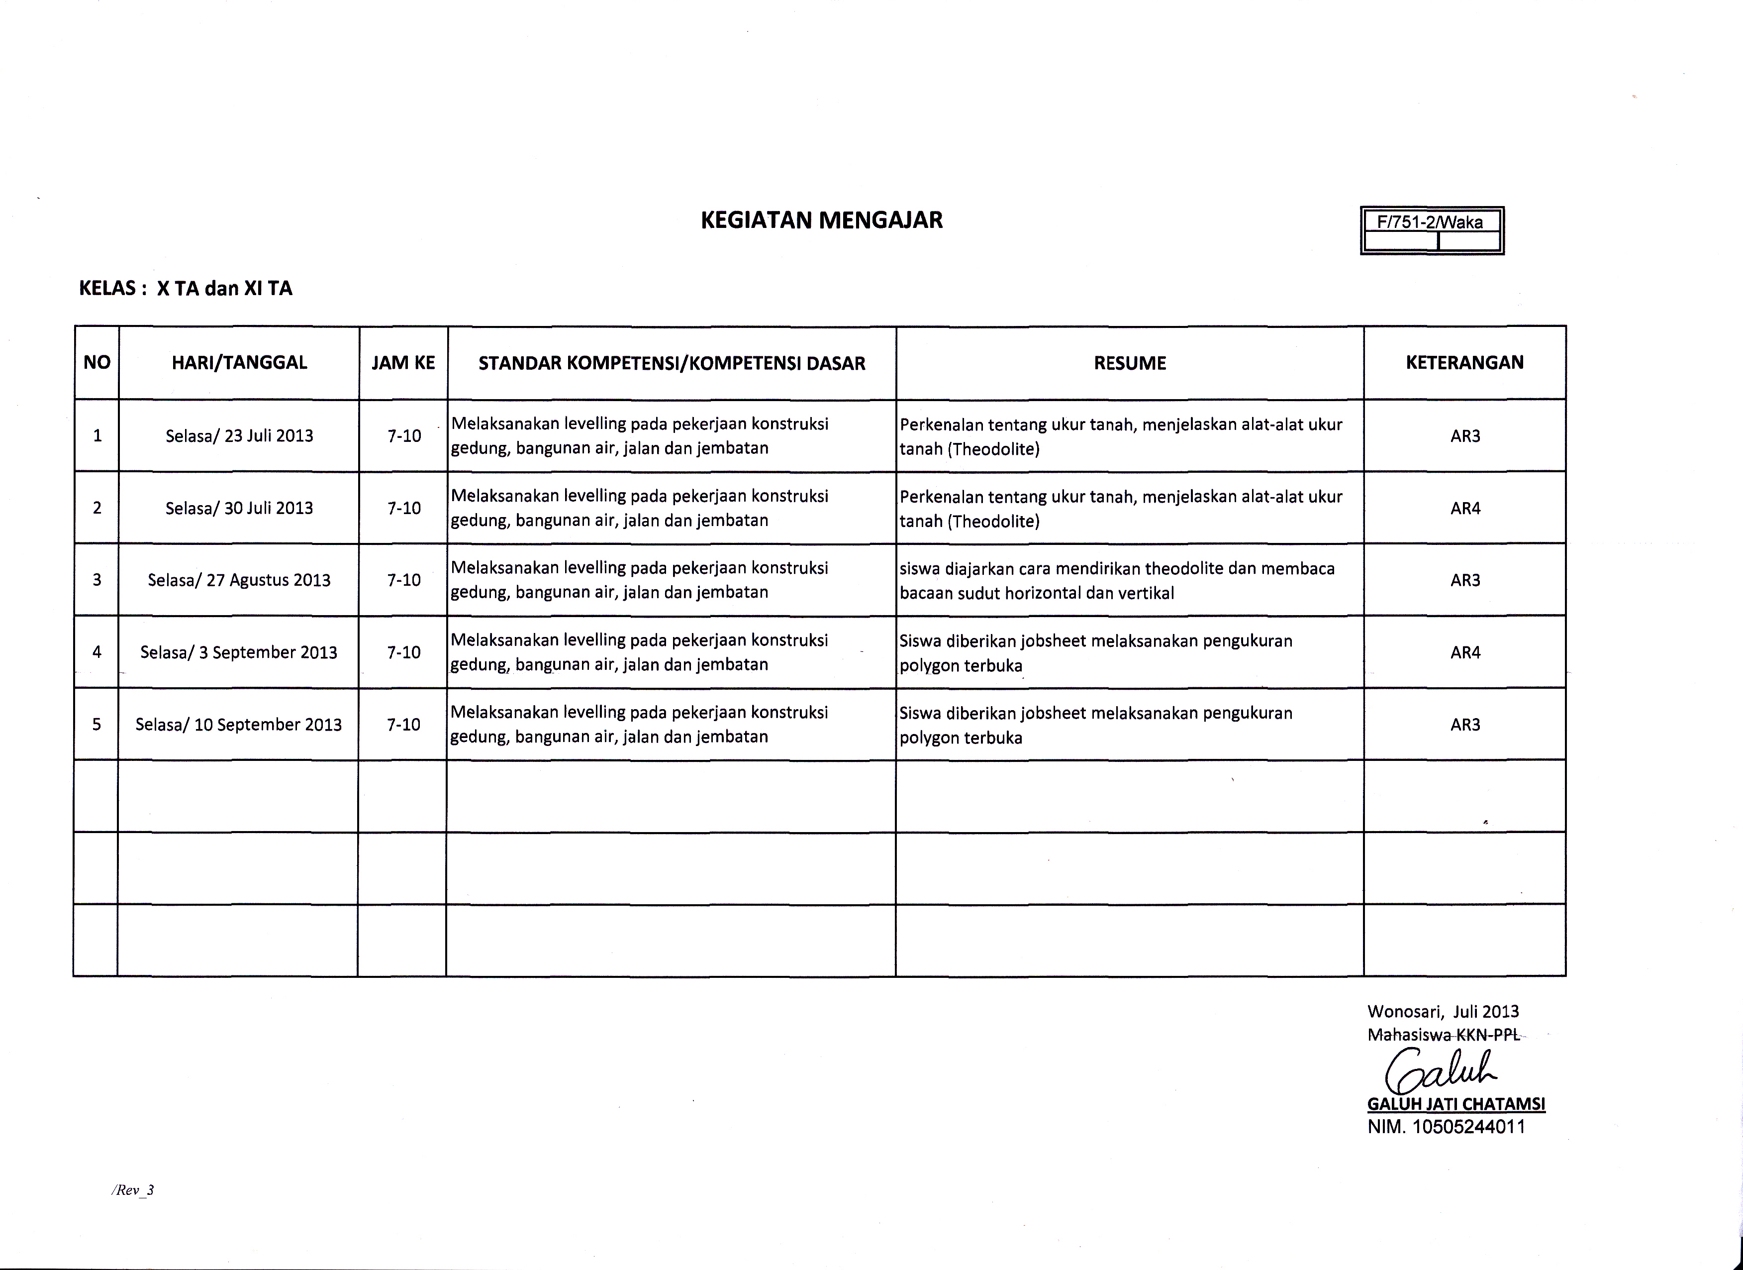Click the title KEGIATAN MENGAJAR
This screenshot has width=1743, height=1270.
[x=822, y=220]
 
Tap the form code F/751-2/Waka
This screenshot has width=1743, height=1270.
[x=1430, y=222]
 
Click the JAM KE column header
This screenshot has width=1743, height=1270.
[x=403, y=363]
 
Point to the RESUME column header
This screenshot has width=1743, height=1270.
[x=1130, y=363]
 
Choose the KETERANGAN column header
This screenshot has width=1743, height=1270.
[x=1465, y=363]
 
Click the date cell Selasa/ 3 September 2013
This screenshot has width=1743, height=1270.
[x=238, y=653]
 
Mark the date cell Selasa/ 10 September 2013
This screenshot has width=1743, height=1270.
[x=238, y=725]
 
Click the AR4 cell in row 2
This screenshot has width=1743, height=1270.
[x=1465, y=508]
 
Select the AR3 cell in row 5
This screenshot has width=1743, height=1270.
[x=1465, y=725]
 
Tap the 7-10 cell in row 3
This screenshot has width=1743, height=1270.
[x=403, y=580]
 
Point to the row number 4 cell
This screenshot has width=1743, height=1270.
[x=97, y=653]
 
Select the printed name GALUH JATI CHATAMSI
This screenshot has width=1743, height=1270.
[x=1455, y=1104]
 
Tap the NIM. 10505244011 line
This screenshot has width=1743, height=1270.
[x=1446, y=1127]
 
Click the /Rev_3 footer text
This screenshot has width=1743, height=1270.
[x=133, y=1190]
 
